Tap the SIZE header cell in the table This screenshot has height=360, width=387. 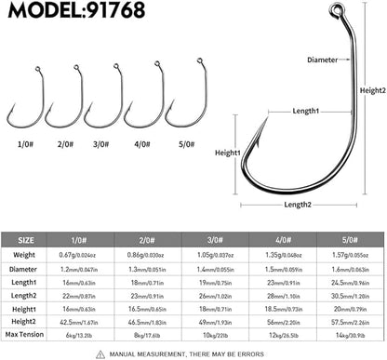30,238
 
